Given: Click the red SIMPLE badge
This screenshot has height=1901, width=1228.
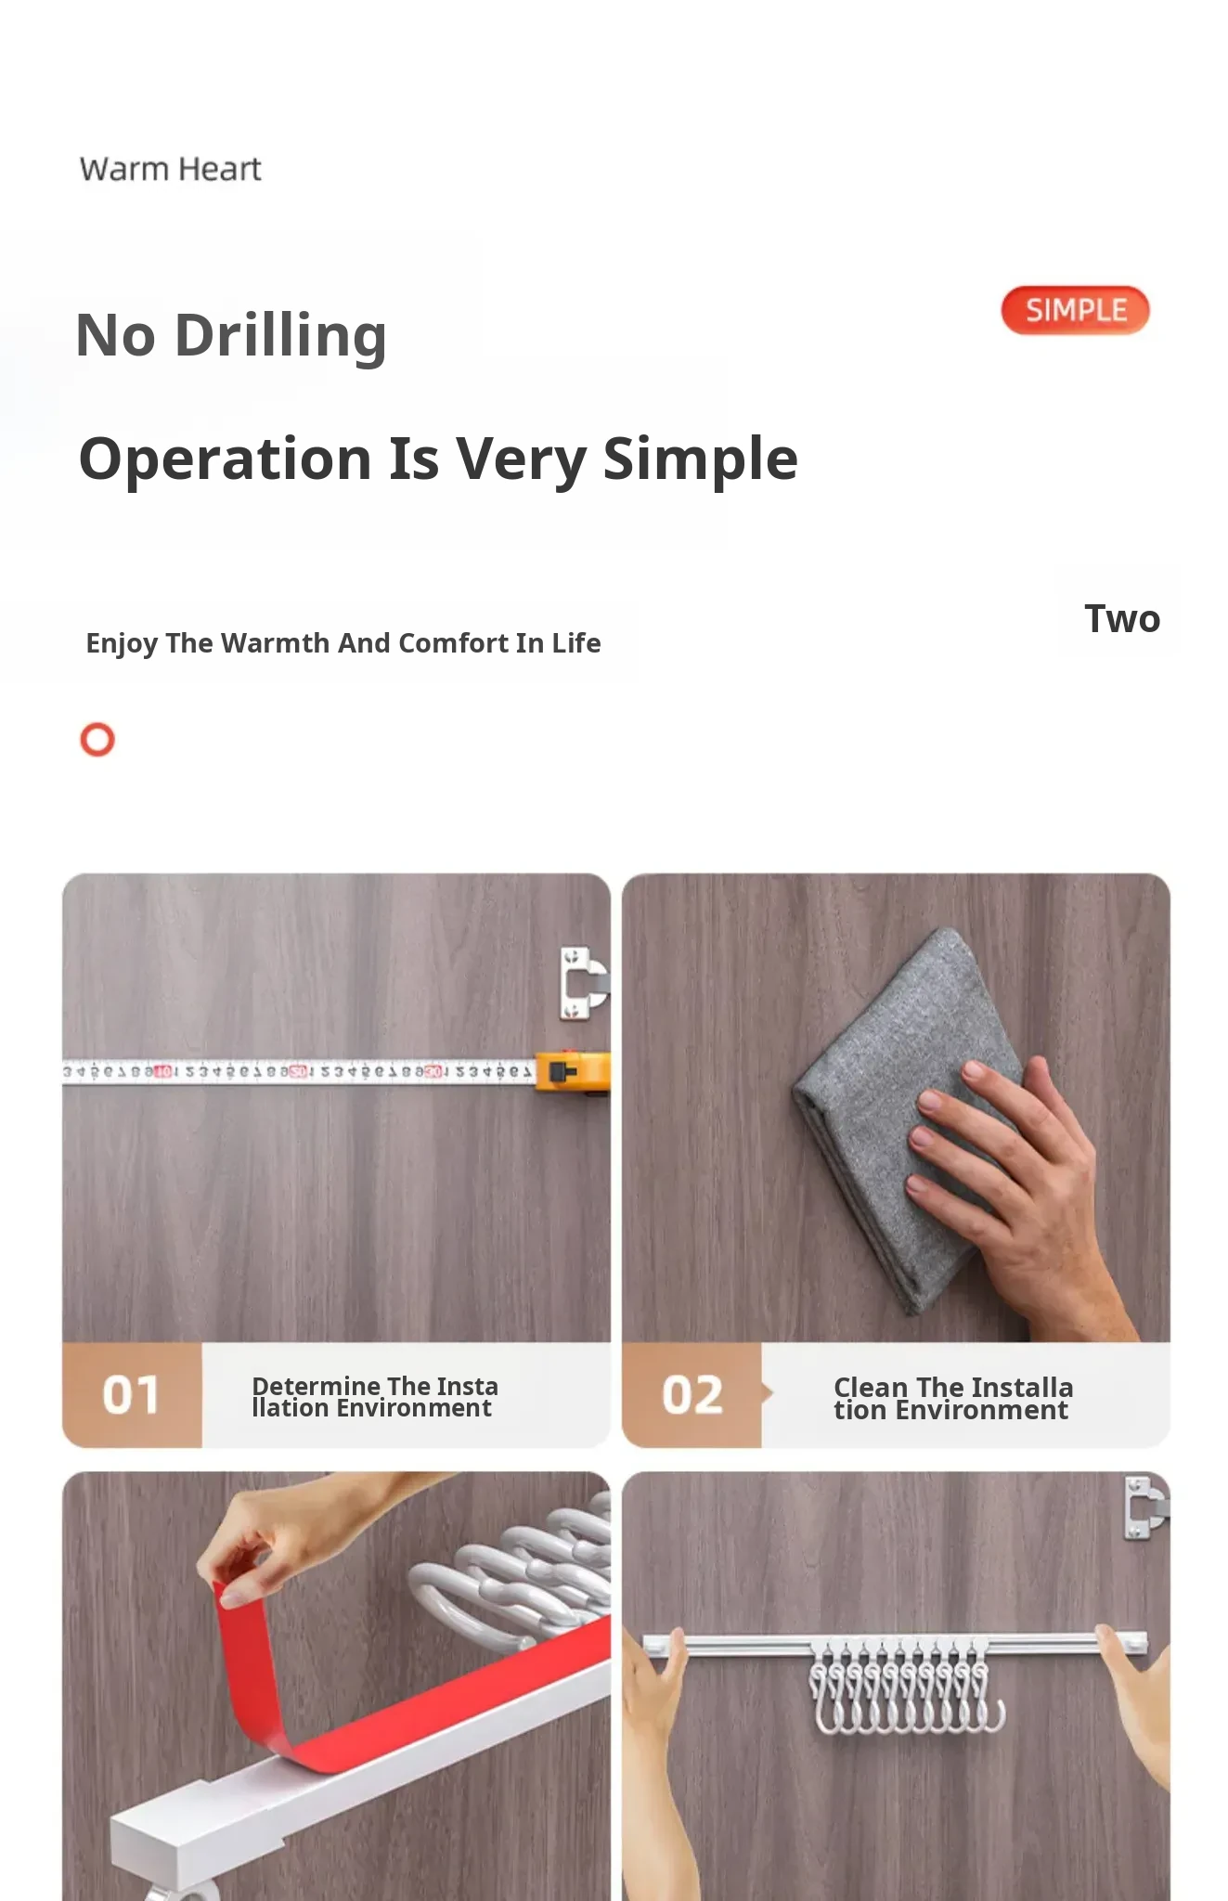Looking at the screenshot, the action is [1075, 310].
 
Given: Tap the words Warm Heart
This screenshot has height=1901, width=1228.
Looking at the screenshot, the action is [171, 169].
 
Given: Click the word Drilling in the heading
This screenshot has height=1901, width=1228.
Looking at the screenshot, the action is [280, 336].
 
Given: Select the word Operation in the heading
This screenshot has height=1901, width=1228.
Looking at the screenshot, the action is [226, 459].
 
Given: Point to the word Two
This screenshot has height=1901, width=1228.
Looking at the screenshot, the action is [1122, 619].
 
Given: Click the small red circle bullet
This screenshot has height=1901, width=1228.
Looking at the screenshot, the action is [97, 740].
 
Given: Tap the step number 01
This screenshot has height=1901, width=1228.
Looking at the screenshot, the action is [131, 1395].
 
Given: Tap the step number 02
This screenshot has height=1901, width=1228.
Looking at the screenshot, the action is [692, 1395].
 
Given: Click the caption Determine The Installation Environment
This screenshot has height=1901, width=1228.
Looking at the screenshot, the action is [375, 1397].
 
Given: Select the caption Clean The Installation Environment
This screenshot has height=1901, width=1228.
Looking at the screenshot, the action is [953, 1399].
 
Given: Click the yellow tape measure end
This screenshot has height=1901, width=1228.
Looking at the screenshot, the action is [573, 1073].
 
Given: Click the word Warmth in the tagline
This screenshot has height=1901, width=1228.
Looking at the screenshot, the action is [275, 643].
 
